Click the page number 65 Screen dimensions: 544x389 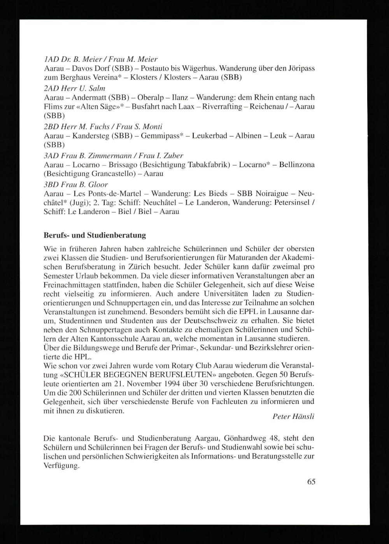311,482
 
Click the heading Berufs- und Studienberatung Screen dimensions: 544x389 95,235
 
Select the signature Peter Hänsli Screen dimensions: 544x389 293,417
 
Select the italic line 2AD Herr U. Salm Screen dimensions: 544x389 75,88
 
